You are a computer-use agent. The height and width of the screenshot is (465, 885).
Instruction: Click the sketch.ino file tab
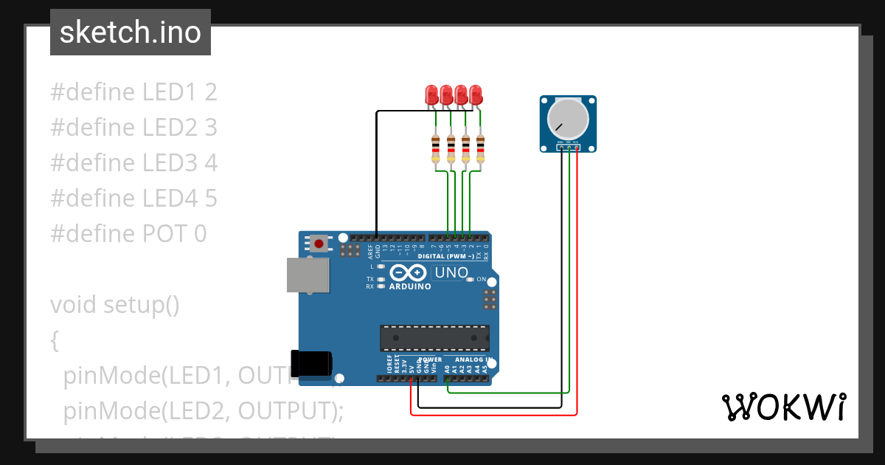point(131,32)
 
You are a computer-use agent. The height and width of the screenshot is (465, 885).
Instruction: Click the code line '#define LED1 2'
point(133,92)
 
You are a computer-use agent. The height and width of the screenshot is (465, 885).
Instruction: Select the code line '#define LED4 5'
point(133,199)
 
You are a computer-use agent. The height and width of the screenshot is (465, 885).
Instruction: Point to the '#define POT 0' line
point(128,234)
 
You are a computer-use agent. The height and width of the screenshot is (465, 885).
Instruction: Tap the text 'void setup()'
point(114,305)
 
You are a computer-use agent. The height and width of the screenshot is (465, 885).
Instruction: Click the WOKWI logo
point(783,407)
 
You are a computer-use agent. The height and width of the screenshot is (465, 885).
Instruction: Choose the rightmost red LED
point(476,94)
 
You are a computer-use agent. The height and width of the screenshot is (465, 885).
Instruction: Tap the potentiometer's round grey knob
point(568,118)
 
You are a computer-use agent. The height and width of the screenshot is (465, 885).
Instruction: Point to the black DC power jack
point(311,364)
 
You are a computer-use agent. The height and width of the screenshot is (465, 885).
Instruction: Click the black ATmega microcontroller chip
point(434,338)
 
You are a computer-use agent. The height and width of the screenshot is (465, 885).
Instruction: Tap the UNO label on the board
point(451,272)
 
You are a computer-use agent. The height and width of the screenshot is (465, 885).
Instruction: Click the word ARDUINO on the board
point(410,286)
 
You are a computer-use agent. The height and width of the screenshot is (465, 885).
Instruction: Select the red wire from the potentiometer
point(577,295)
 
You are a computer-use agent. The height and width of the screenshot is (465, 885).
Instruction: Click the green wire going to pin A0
point(509,393)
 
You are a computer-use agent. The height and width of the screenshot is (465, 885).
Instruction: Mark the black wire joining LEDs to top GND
point(377,170)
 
